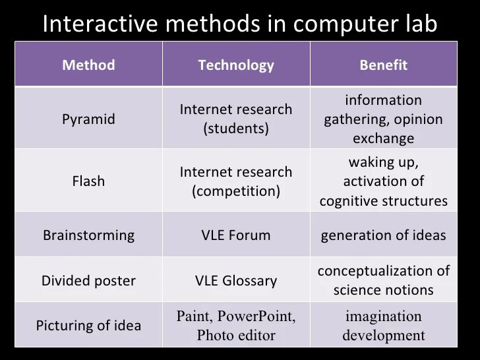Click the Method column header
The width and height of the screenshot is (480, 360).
[88, 65]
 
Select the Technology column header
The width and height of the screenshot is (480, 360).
[236, 65]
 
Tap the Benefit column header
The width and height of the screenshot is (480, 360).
[383, 65]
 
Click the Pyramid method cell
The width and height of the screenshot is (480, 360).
[88, 119]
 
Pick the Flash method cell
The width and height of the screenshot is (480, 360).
[88, 181]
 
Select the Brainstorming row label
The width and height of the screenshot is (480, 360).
[88, 235]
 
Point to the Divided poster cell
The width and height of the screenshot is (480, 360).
[88, 281]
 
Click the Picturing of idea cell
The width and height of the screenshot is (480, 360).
[88, 326]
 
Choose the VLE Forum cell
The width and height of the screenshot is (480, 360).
[236, 235]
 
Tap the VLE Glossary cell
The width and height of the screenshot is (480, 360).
[236, 281]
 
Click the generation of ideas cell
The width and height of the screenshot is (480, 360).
[383, 235]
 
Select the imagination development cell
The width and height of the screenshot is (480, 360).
[383, 326]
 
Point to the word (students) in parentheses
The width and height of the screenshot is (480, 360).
[236, 129]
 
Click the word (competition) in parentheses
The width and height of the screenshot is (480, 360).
[236, 191]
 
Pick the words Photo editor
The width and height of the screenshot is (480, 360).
[236, 336]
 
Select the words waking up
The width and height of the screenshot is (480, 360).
[383, 163]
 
